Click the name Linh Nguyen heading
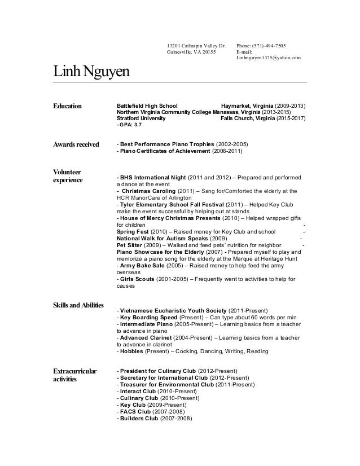pyautogui.click(x=91, y=73)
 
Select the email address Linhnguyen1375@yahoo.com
pyautogui.click(x=269, y=58)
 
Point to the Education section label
pyautogui.click(x=67, y=106)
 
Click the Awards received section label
pyautogui.click(x=76, y=144)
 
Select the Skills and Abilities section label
pyautogui.click(x=78, y=306)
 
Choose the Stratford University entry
pyautogui.click(x=141, y=119)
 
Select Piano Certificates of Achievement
pyautogui.click(x=163, y=151)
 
